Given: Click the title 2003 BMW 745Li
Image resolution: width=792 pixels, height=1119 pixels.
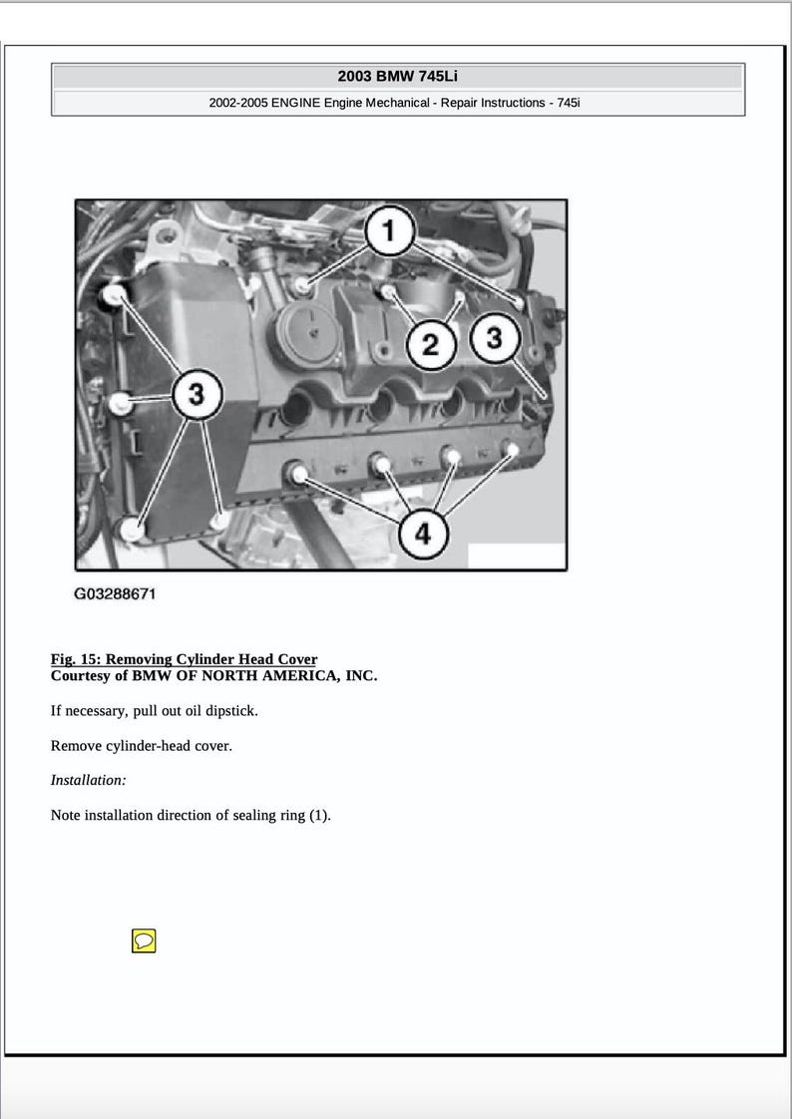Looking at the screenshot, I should (397, 76).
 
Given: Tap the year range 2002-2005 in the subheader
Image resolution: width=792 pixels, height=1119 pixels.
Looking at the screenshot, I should (238, 103).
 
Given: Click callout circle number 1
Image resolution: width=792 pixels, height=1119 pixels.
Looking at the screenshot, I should (389, 232).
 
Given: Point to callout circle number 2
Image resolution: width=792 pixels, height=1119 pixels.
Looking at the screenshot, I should (431, 345).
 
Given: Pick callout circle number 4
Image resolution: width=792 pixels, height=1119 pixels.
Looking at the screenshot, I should (423, 534).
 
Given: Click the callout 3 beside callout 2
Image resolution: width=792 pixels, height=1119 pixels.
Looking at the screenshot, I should (494, 339).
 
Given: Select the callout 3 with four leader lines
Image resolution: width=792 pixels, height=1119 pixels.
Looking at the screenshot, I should (197, 395).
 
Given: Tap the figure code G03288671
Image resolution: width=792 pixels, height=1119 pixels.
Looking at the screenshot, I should (115, 594).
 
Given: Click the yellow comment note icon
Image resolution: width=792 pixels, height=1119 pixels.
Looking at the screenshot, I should (144, 940).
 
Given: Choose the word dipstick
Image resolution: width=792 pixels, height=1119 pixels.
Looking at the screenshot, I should (230, 711).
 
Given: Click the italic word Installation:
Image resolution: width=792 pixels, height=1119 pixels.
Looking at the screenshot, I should (88, 780).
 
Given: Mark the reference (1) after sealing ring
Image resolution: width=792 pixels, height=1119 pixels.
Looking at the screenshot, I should (317, 815).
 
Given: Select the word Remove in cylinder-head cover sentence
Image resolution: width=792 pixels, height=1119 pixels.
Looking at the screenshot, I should (76, 746).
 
